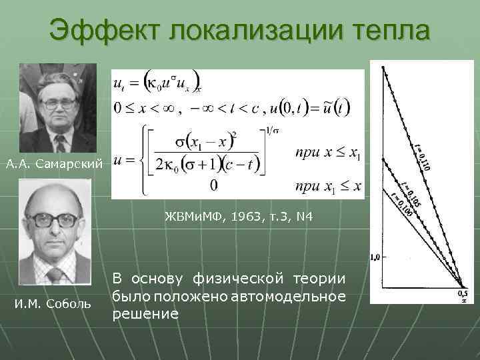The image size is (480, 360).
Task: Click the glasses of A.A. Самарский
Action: [58, 104]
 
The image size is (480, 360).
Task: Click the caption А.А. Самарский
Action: [53, 163]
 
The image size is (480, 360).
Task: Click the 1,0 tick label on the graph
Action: [374, 256]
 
